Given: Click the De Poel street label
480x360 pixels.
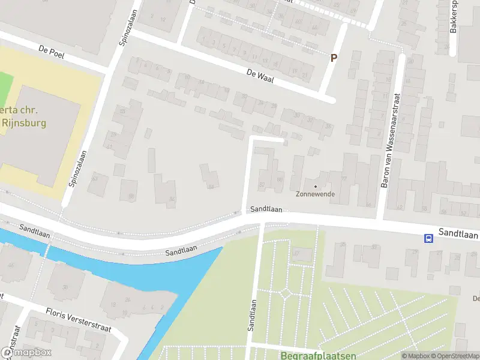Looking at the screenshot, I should (51, 53).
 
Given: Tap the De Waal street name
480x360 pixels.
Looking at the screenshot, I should (259, 76).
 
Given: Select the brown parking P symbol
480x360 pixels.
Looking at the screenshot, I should (334, 58).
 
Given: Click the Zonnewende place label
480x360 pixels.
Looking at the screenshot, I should (315, 194).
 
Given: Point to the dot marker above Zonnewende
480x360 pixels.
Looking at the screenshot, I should (316, 186).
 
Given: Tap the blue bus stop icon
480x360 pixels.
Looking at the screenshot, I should (428, 238).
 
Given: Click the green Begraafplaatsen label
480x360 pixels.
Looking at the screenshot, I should (318, 355).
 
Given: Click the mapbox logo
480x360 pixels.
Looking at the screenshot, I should (26, 353).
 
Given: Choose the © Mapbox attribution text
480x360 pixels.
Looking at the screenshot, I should (415, 356).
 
